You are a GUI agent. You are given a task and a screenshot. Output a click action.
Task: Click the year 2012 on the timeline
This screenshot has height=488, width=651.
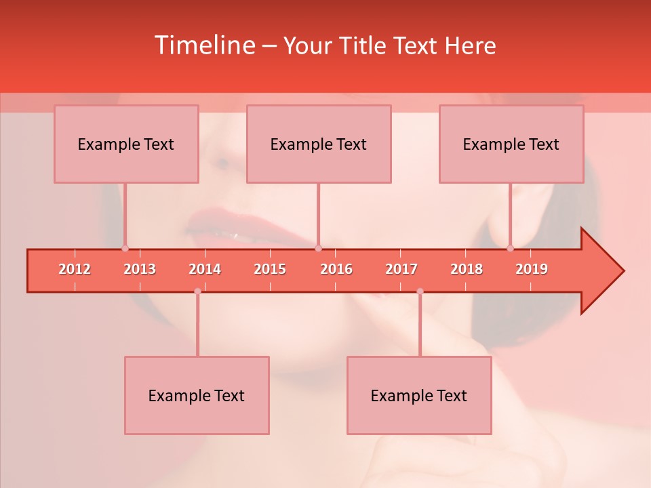click(x=75, y=269)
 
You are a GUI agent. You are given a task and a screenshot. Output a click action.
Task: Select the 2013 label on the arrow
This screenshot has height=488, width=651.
click(x=140, y=269)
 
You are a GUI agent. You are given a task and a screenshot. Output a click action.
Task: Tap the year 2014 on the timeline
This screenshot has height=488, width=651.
click(x=205, y=269)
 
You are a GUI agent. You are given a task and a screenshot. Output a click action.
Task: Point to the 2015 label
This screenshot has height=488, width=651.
click(x=270, y=269)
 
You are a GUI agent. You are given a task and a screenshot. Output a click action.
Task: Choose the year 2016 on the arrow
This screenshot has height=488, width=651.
click(x=336, y=269)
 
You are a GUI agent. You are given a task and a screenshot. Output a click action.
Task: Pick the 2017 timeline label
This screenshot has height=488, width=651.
click(x=401, y=269)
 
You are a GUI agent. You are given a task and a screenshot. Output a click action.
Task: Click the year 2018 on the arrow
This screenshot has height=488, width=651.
click(x=467, y=269)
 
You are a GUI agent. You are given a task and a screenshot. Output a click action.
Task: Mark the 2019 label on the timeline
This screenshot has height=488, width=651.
click(x=532, y=269)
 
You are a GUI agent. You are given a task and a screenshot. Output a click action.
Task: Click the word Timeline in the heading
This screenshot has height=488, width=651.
click(x=203, y=45)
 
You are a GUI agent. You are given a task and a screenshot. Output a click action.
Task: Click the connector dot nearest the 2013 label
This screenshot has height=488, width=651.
click(x=125, y=249)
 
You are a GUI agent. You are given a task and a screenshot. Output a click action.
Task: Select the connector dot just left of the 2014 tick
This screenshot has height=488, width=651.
click(x=197, y=291)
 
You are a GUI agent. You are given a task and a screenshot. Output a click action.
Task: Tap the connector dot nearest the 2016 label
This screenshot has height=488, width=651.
click(x=318, y=249)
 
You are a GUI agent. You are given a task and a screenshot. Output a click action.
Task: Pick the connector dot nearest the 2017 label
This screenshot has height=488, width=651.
click(x=420, y=291)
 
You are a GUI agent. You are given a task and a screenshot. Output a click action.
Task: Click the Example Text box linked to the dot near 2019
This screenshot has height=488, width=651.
click(x=511, y=144)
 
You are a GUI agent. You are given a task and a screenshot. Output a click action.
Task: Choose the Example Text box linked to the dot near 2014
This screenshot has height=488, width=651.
click(x=197, y=395)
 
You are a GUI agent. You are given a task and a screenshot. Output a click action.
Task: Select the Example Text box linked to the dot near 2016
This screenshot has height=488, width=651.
click(x=319, y=144)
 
